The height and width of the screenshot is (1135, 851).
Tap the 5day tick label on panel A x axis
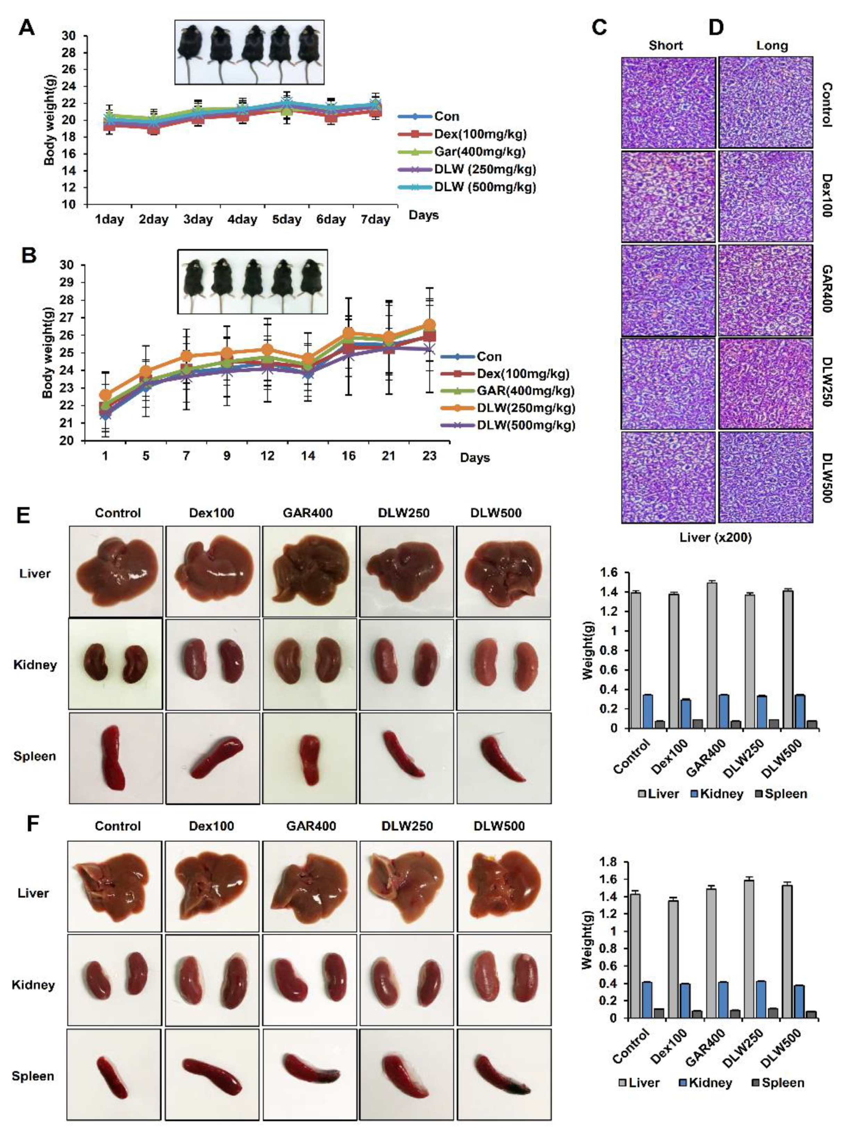click(287, 220)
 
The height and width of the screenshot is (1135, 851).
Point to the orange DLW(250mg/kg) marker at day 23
click(429, 324)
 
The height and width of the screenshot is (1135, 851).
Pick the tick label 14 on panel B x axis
click(308, 456)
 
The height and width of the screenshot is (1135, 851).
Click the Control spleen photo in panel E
click(116, 757)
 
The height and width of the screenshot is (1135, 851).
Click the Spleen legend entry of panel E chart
click(780, 794)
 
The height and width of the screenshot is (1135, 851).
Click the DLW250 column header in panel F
click(407, 826)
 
